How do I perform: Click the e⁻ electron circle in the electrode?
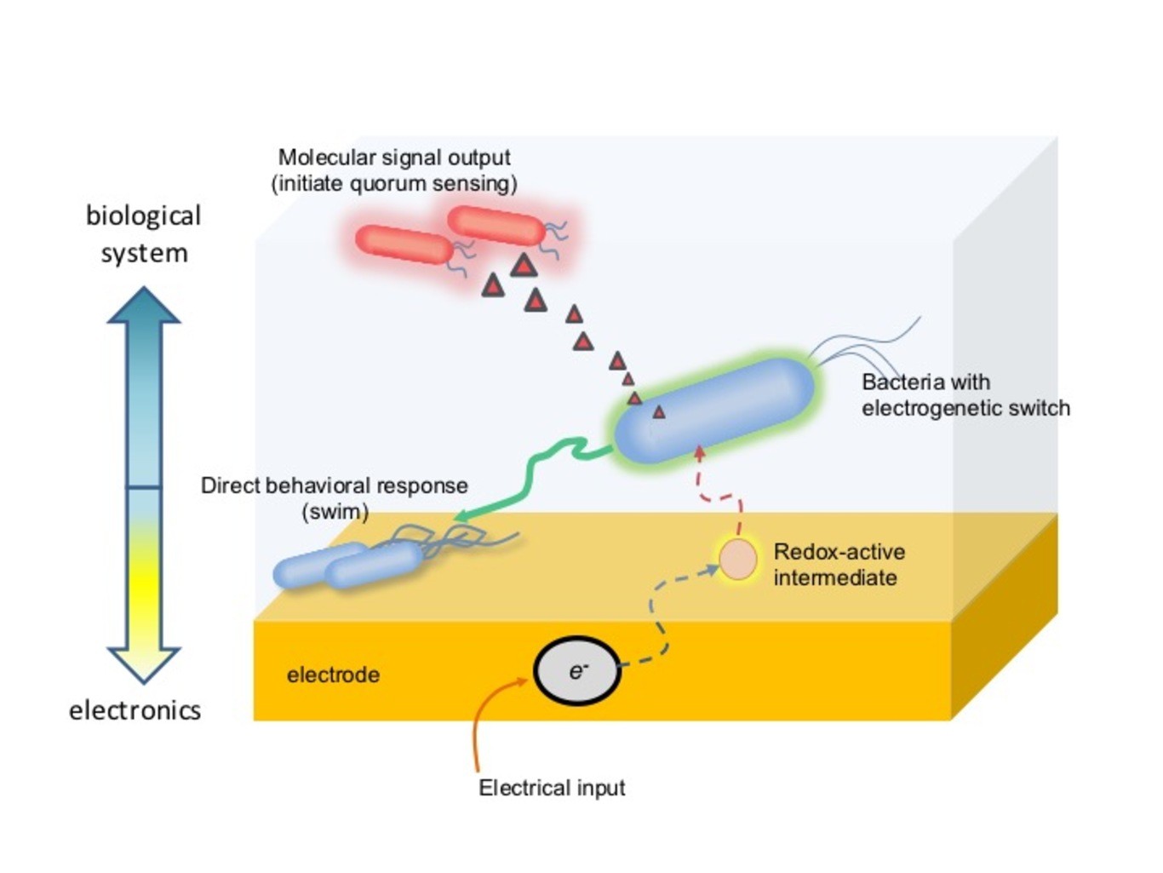click(576, 671)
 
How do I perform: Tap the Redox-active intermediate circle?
click(737, 560)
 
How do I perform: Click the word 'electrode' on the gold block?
click(333, 675)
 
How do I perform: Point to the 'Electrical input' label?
click(552, 788)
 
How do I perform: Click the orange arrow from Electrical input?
click(482, 724)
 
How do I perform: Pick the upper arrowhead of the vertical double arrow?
click(144, 307)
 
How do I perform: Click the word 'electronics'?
click(135, 710)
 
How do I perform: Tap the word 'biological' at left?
click(143, 216)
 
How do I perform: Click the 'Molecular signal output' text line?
click(394, 158)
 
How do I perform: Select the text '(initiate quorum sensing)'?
click(394, 184)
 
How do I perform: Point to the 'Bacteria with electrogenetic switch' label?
click(965, 395)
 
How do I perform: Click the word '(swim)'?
click(335, 512)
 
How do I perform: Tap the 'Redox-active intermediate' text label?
click(838, 565)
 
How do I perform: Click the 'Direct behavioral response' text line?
click(334, 485)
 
